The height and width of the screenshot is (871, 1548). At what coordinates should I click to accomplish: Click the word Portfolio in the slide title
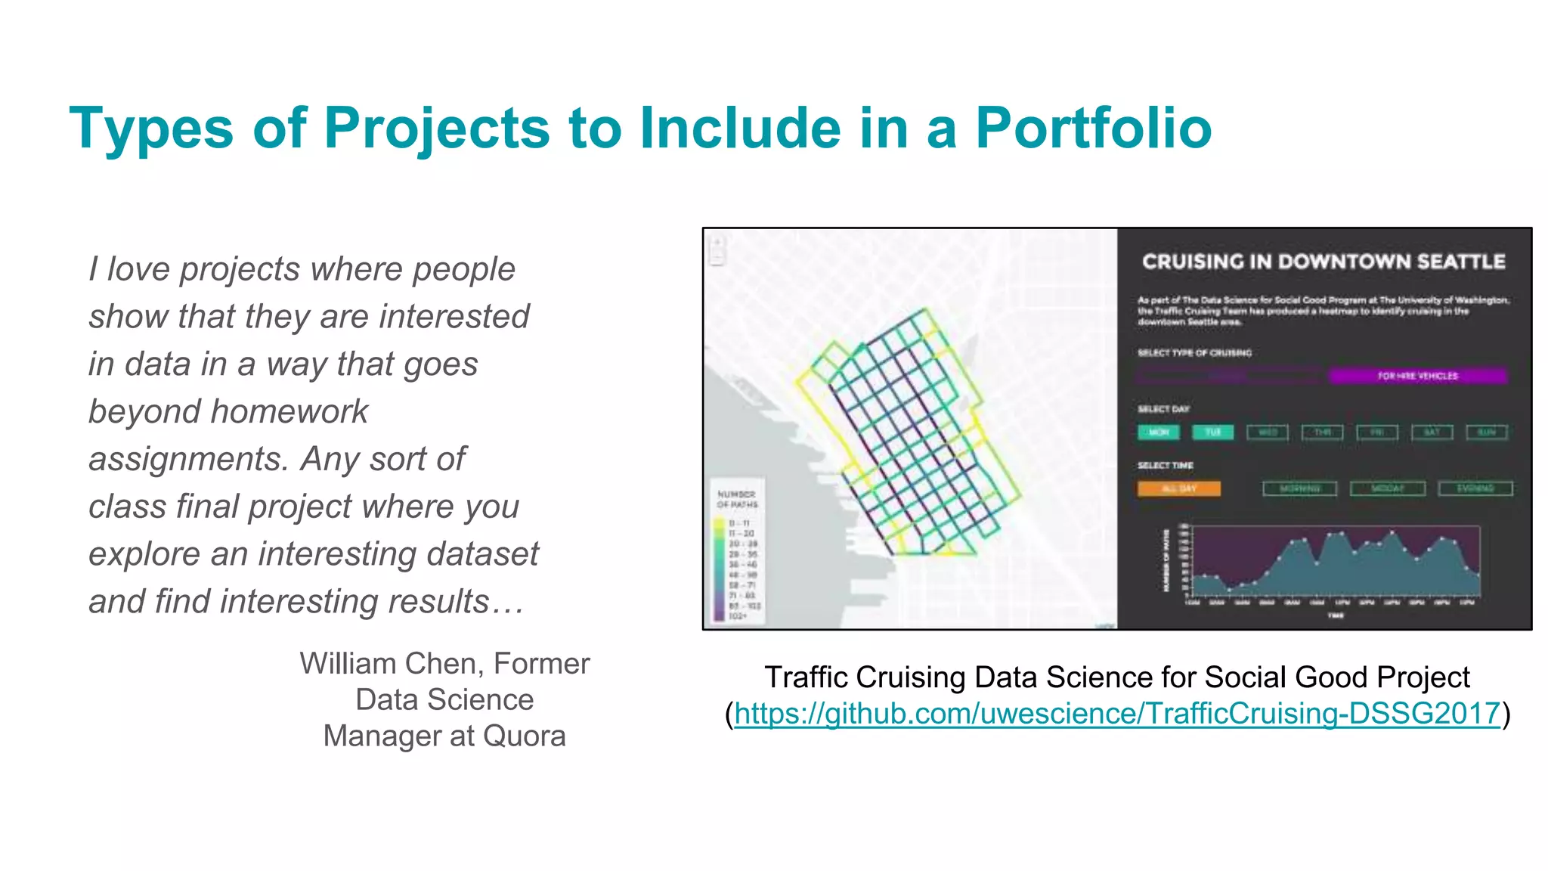point(1093,128)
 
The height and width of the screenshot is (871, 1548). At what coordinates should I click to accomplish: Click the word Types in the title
point(151,128)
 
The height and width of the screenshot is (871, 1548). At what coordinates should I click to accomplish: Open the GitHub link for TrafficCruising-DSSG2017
point(1116,714)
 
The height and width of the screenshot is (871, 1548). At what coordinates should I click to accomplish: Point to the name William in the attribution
point(350,664)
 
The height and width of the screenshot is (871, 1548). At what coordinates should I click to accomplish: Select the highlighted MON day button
point(1158,432)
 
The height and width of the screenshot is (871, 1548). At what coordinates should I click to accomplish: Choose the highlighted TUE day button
point(1212,432)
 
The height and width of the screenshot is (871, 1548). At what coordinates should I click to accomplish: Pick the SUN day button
point(1486,432)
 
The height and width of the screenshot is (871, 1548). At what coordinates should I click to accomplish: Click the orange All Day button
point(1178,488)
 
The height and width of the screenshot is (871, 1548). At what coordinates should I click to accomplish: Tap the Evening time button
point(1475,488)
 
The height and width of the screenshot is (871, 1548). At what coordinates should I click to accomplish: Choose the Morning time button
point(1299,488)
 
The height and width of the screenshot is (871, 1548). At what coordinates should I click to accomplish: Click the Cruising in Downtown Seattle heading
point(1324,262)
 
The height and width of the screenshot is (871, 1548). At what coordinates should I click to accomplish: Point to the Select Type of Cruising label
point(1194,352)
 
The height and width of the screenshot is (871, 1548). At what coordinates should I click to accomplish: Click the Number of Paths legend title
point(737,499)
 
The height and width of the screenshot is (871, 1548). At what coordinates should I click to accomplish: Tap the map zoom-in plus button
point(717,243)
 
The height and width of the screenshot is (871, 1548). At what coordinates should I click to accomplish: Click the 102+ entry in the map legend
point(737,616)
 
